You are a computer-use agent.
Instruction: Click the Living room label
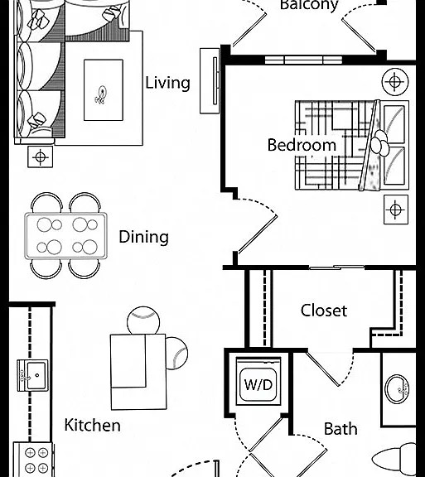(x=167, y=83)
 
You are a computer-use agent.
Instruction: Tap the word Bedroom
(x=302, y=145)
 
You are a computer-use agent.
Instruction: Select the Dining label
(x=143, y=237)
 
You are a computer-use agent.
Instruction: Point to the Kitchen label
(x=93, y=425)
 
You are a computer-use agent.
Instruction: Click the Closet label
(x=324, y=311)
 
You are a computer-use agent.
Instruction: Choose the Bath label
(x=340, y=429)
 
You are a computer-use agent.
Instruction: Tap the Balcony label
(x=309, y=6)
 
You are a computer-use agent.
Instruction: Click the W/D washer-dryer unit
(x=258, y=381)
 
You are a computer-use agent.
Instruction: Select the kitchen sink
(x=32, y=375)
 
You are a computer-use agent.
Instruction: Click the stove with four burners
(x=33, y=460)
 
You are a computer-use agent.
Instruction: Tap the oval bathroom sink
(x=397, y=389)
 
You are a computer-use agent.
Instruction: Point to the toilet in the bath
(x=394, y=460)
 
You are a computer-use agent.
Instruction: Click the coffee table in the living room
(x=104, y=90)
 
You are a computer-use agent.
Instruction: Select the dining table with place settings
(x=65, y=236)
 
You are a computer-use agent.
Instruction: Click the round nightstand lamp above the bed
(x=395, y=81)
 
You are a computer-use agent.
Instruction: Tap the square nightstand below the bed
(x=396, y=210)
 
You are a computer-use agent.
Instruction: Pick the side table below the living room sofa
(x=41, y=157)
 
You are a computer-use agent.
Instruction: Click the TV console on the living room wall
(x=210, y=81)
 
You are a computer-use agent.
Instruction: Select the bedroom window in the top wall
(x=303, y=60)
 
